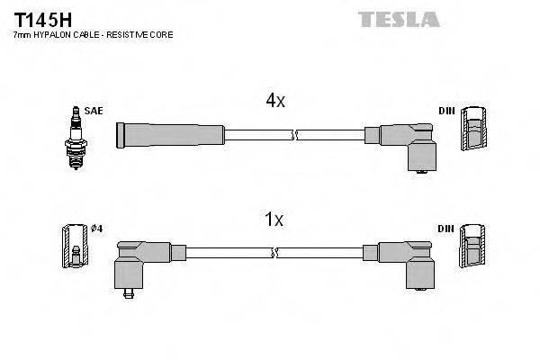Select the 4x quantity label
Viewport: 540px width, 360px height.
click(x=274, y=102)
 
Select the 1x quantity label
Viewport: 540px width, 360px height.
click(x=274, y=219)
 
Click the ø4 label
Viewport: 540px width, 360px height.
click(x=97, y=229)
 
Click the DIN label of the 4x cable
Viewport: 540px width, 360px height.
click(x=446, y=111)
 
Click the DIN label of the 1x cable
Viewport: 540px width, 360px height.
click(x=446, y=229)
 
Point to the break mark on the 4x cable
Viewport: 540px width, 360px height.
click(x=293, y=135)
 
